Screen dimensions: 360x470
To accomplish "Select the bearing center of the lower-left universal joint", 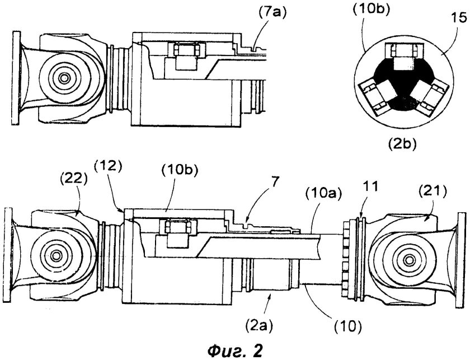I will [56, 256].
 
